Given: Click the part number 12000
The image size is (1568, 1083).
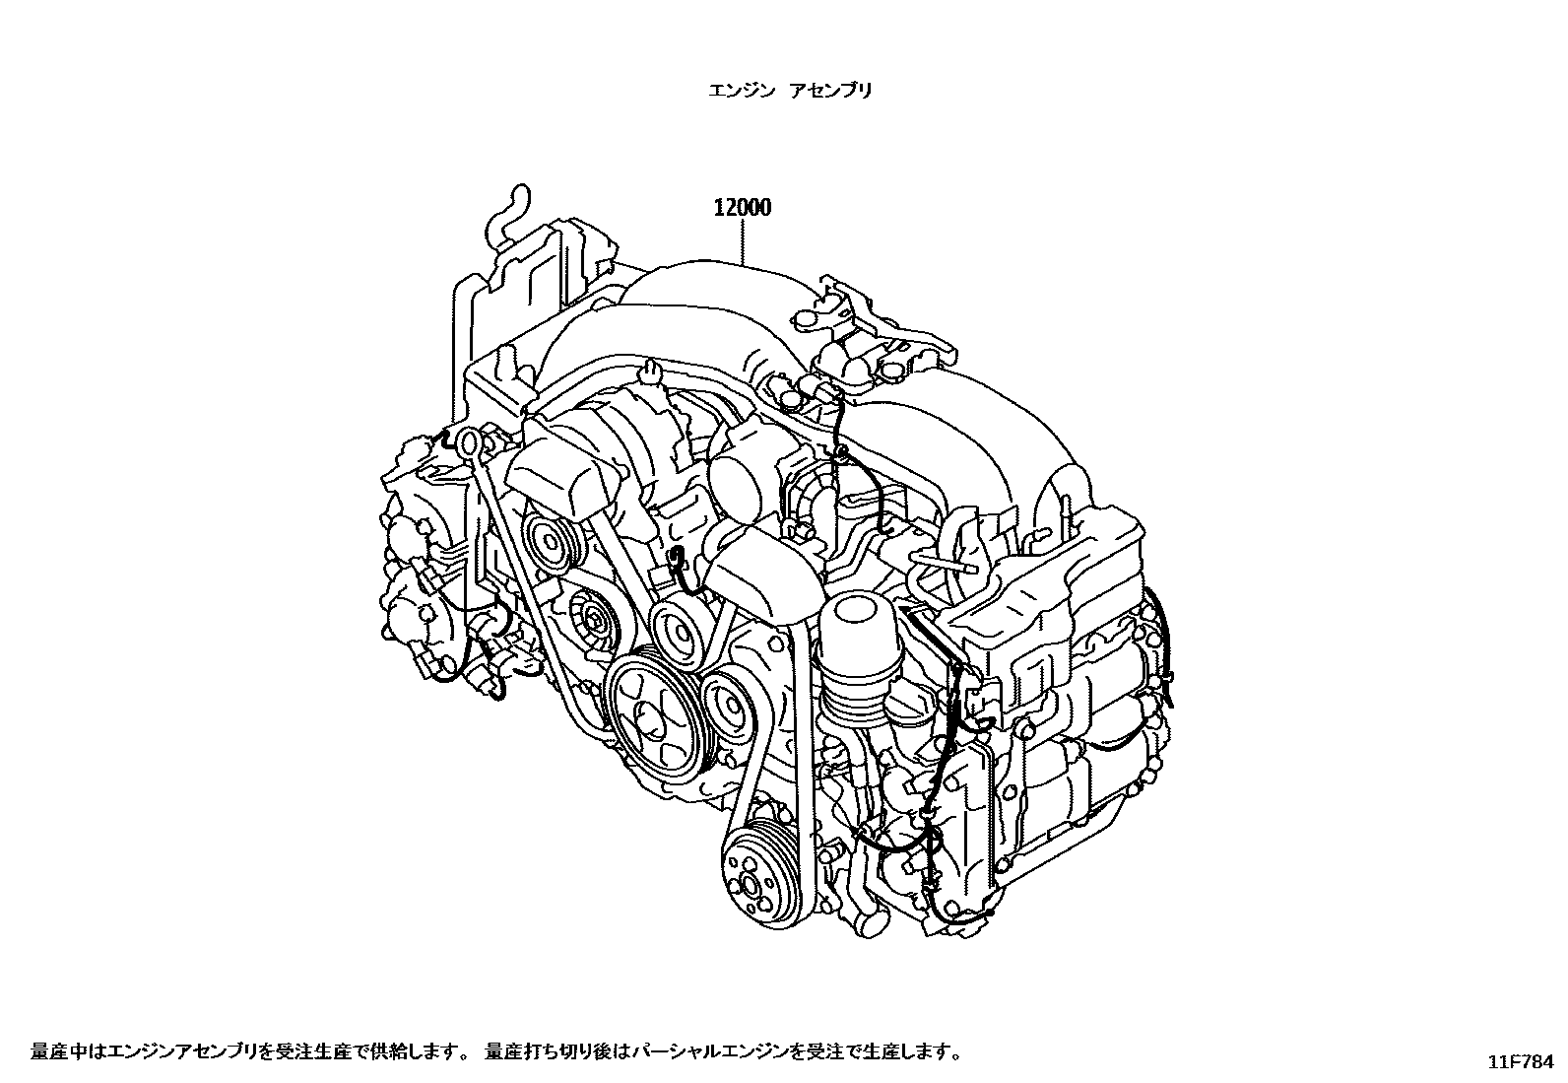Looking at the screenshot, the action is pyautogui.click(x=743, y=208).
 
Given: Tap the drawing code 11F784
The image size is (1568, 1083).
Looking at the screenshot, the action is pyautogui.click(x=1523, y=1062).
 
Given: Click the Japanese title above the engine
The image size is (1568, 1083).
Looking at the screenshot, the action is pyautogui.click(x=790, y=91).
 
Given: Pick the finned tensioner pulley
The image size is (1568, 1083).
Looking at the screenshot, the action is pyautogui.click(x=594, y=619).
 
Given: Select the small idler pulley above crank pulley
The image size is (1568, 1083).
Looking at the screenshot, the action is pyautogui.click(x=680, y=626).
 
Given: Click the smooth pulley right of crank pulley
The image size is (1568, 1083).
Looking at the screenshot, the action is pyautogui.click(x=730, y=705).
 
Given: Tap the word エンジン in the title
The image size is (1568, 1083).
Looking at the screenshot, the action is pyautogui.click(x=734, y=91).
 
